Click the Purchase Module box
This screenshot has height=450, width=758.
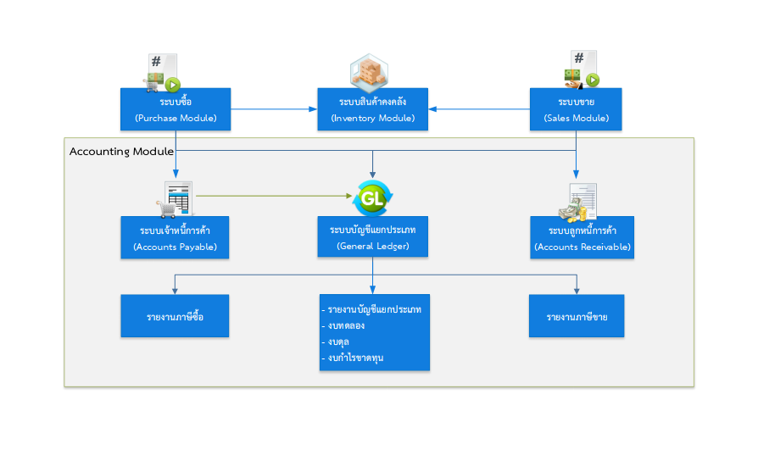[176, 109]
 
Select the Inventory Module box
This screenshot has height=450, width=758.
[373, 109]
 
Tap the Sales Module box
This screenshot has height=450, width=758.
[576, 109]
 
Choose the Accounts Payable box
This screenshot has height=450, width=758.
[175, 237]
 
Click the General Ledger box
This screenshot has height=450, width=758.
[373, 236]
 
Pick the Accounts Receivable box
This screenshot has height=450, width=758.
[582, 237]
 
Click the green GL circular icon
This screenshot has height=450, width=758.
[372, 198]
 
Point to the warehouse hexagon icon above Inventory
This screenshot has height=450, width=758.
[369, 73]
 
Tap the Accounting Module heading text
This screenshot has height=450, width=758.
[121, 152]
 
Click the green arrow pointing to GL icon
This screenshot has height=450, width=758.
[274, 196]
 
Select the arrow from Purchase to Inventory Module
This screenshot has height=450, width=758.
[274, 109]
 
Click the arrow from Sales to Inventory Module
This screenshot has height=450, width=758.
[479, 109]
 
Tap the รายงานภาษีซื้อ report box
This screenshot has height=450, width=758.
[175, 316]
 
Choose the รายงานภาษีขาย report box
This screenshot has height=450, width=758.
[577, 316]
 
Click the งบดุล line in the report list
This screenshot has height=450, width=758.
[336, 342]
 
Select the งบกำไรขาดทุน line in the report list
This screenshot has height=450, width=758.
[353, 358]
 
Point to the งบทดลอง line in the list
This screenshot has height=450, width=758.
[343, 325]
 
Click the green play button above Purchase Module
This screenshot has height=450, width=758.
[173, 85]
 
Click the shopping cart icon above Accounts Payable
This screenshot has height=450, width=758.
[166, 208]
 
